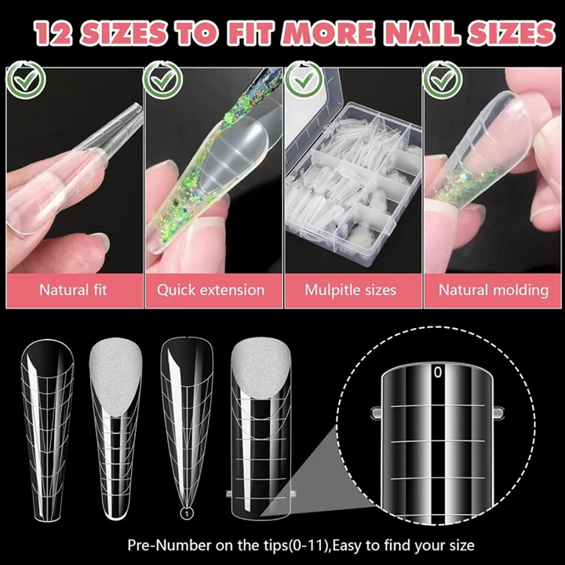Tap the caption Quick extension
click(x=210, y=290)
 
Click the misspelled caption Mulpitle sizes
click(x=350, y=290)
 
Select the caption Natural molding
click(x=493, y=290)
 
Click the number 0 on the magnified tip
click(x=438, y=373)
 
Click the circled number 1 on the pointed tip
click(x=187, y=514)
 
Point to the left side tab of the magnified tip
click(x=374, y=410)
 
